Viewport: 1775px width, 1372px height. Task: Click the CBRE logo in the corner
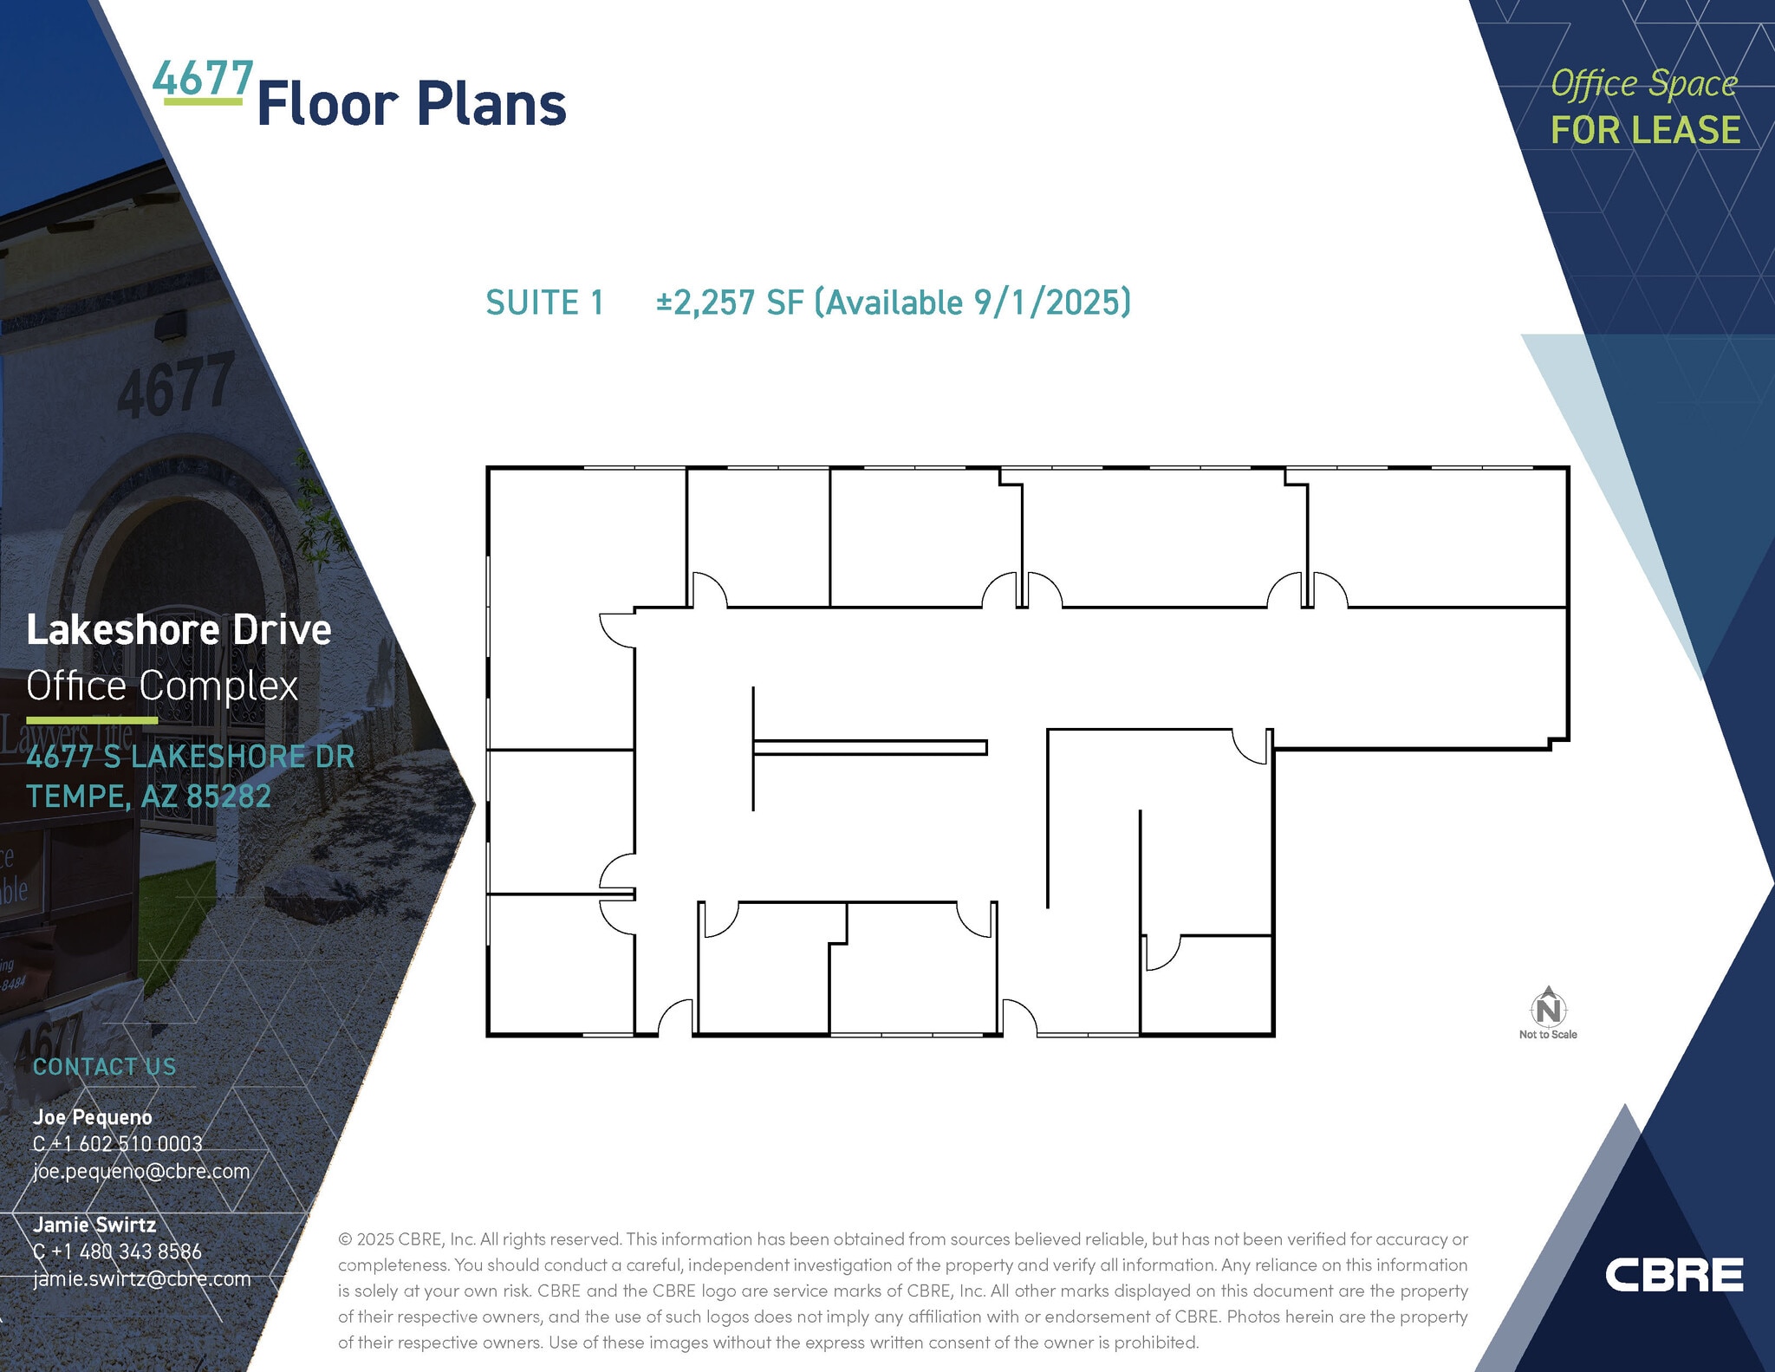[x=1673, y=1275]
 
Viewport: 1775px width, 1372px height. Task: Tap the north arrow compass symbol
[x=1548, y=1007]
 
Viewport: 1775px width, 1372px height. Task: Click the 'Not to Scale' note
[x=1548, y=1035]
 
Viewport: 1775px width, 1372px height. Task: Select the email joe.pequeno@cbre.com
[x=141, y=1171]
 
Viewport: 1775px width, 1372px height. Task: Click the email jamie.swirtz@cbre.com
[x=141, y=1278]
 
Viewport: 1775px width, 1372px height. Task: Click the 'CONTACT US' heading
[x=104, y=1067]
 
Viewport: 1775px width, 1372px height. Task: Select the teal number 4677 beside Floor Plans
[x=203, y=80]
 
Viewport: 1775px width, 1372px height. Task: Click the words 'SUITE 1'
[x=544, y=302]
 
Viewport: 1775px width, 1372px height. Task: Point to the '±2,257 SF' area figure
[x=730, y=302]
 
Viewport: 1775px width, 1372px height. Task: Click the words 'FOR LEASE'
[x=1645, y=130]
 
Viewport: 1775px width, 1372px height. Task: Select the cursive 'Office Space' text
[x=1643, y=84]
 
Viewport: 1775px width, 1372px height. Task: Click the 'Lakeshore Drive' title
[x=179, y=630]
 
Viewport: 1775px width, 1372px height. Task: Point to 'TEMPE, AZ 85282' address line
[x=148, y=796]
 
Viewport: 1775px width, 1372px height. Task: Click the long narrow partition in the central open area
[x=870, y=747]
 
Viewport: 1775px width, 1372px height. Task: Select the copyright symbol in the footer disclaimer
[x=345, y=1239]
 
